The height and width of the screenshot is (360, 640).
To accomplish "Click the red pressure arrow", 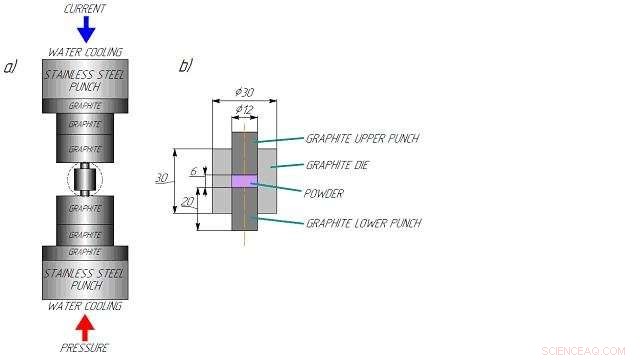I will pyautogui.click(x=86, y=326).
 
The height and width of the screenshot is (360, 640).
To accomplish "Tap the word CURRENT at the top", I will pyautogui.click(x=86, y=9).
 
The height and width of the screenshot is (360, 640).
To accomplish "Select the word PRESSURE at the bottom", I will pyautogui.click(x=85, y=348).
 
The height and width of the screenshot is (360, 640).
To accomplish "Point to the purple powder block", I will pyautogui.click(x=245, y=180).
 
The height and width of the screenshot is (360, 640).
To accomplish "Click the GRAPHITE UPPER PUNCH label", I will pyautogui.click(x=362, y=139).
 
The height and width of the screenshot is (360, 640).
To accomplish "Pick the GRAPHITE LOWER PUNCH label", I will pyautogui.click(x=363, y=222).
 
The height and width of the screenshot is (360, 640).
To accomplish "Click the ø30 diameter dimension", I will pyautogui.click(x=244, y=92).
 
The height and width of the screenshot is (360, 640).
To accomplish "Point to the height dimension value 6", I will pyautogui.click(x=194, y=171).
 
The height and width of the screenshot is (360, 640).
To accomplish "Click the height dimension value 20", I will pyautogui.click(x=186, y=202).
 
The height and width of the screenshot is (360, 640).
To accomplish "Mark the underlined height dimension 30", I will pyautogui.click(x=161, y=179).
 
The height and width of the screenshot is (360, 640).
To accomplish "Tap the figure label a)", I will pyautogui.click(x=12, y=67).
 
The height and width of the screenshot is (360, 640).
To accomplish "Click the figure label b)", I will pyautogui.click(x=185, y=67).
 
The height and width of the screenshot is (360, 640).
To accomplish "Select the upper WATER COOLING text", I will pyautogui.click(x=85, y=52).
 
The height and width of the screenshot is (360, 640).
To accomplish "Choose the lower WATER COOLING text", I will pyautogui.click(x=85, y=306).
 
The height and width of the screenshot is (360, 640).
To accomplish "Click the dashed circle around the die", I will pyautogui.click(x=86, y=181).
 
